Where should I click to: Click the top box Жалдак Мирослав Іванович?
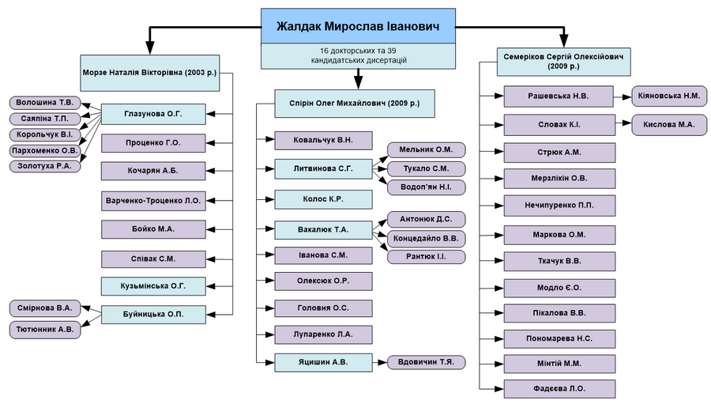point(358,26)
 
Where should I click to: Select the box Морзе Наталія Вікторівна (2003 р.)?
point(150,73)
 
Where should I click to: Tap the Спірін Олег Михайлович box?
point(355,104)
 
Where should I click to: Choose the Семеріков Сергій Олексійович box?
point(563,62)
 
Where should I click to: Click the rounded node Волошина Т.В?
point(45,103)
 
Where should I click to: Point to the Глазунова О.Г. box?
point(153,114)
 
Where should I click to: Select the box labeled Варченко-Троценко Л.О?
point(153,201)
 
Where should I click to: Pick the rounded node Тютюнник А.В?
point(45,330)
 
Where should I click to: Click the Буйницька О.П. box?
point(153,315)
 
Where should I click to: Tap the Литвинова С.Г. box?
point(323,168)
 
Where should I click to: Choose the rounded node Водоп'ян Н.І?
point(427,187)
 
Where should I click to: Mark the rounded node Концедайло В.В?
point(427,238)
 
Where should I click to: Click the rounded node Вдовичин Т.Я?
point(427,362)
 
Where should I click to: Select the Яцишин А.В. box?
point(323,363)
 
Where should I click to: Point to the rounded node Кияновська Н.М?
point(669,96)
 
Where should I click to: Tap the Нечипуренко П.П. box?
point(559,206)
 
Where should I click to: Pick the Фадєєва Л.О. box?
point(559,389)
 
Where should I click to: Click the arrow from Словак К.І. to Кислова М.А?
point(623,123)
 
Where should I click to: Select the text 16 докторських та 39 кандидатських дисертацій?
point(358,55)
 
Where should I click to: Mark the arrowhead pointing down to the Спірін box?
point(358,84)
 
